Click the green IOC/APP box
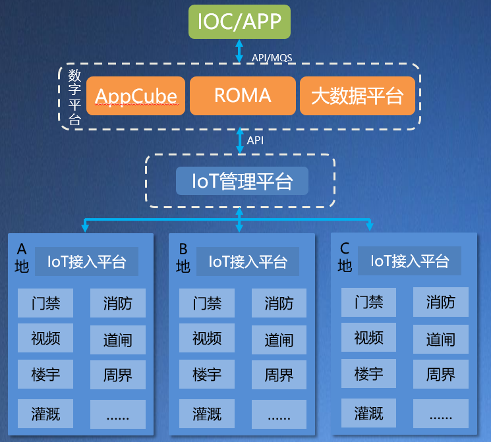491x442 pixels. click(x=239, y=22)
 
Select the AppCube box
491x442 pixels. click(x=136, y=96)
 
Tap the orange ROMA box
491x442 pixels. click(x=243, y=96)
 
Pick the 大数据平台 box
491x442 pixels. click(x=357, y=96)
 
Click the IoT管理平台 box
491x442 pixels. click(x=242, y=180)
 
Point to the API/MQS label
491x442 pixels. click(x=272, y=58)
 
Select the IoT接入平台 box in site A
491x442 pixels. click(x=86, y=262)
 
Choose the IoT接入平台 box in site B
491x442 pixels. click(x=248, y=262)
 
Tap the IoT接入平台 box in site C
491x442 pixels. click(x=409, y=262)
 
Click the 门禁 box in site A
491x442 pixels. click(x=45, y=303)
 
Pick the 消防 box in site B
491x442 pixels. click(x=279, y=304)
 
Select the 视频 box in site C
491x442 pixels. click(x=368, y=339)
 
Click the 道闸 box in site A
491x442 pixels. click(x=118, y=340)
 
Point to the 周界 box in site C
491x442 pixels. click(x=441, y=375)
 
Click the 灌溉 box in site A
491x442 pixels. click(x=45, y=414)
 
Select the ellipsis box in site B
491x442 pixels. click(x=279, y=415)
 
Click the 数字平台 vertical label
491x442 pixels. click(x=75, y=96)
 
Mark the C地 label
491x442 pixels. click(x=345, y=258)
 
